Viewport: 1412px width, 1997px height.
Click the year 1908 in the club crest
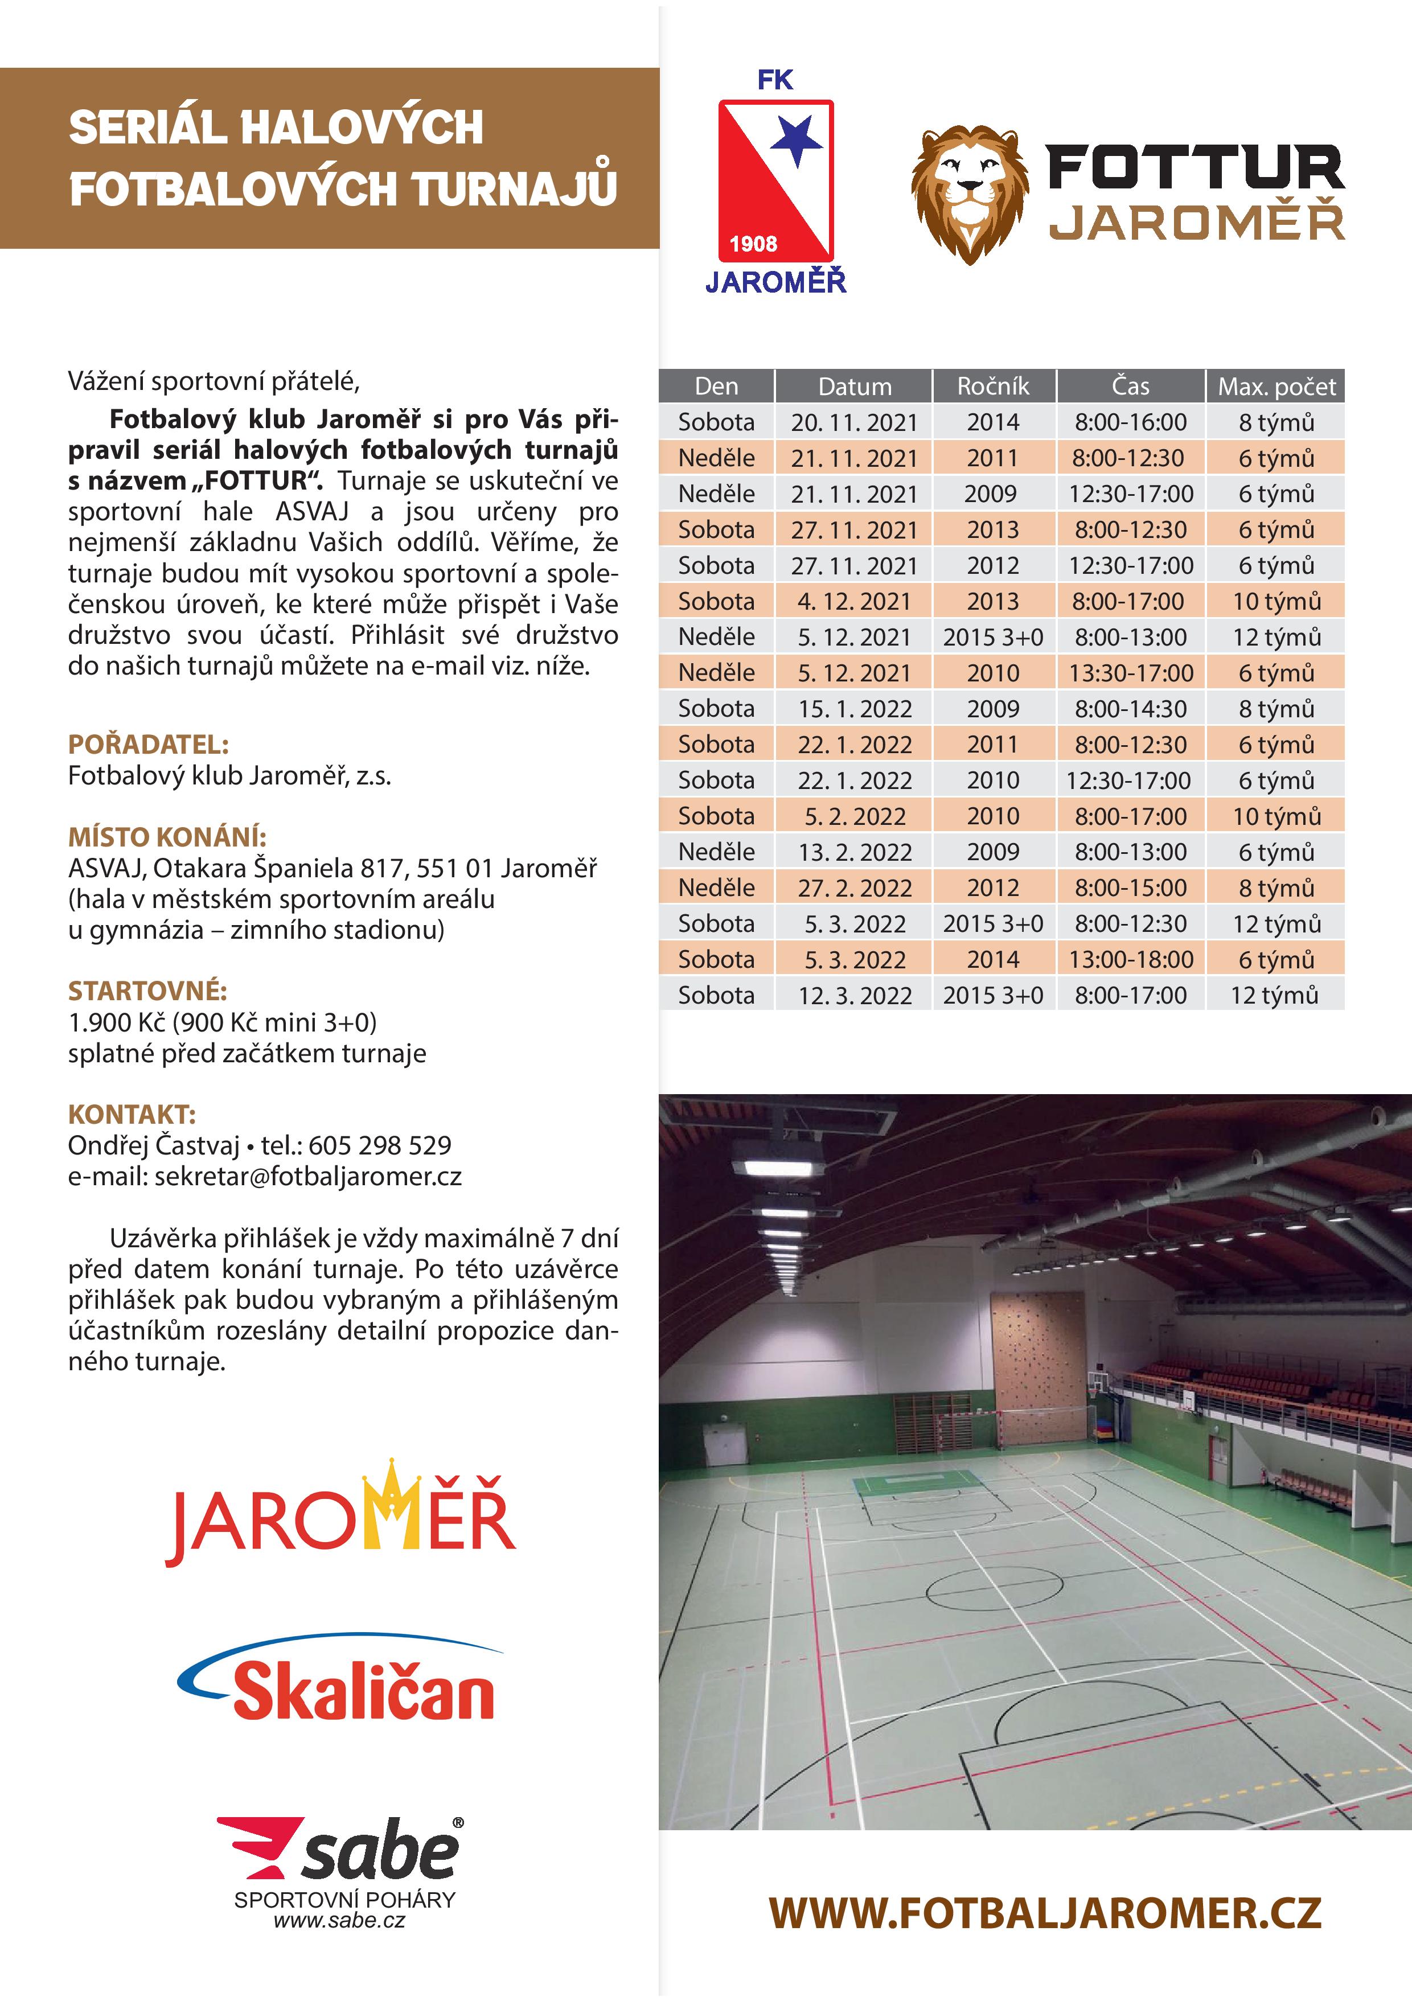[753, 244]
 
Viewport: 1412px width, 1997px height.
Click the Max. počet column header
[1275, 386]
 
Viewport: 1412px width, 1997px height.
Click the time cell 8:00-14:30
[1130, 709]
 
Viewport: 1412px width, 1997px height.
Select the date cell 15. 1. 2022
[855, 709]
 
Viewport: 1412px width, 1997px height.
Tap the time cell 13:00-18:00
[1130, 959]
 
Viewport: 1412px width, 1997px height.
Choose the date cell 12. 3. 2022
[855, 995]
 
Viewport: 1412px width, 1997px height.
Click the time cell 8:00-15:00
[1130, 888]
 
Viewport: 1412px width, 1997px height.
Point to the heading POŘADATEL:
[148, 745]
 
